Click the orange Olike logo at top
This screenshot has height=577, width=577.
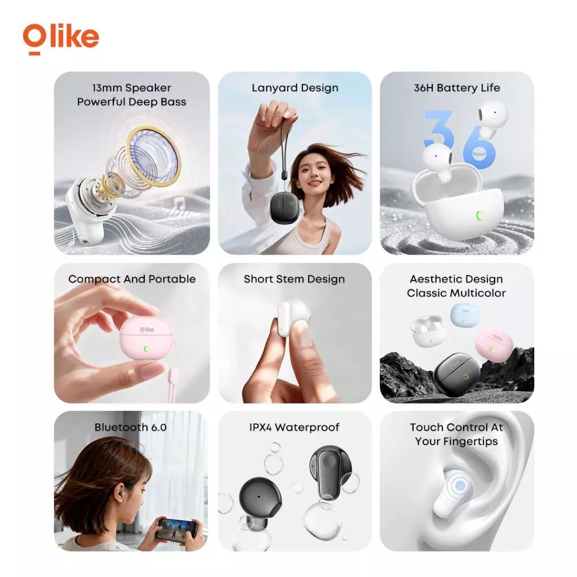coord(61,39)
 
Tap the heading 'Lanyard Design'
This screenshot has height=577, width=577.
coord(295,88)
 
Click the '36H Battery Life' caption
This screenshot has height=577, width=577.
coord(456,88)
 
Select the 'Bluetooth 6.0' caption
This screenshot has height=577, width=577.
coord(130,427)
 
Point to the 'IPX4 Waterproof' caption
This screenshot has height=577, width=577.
coord(294,427)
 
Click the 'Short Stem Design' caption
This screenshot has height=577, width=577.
coord(294,279)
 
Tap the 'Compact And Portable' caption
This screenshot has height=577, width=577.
coord(132,279)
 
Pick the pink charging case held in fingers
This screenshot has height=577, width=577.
coord(147,342)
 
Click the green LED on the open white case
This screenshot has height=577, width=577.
coord(480,215)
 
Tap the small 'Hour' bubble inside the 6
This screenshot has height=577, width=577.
coord(479,154)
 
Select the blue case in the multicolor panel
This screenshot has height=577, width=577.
coord(465,315)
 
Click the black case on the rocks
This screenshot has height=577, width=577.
coord(458,374)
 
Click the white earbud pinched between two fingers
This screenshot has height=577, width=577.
coord(293,317)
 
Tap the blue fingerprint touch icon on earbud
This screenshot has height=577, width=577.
coord(460,486)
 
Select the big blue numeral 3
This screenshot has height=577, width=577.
coord(438,129)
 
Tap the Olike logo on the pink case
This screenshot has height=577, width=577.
coord(147,329)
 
